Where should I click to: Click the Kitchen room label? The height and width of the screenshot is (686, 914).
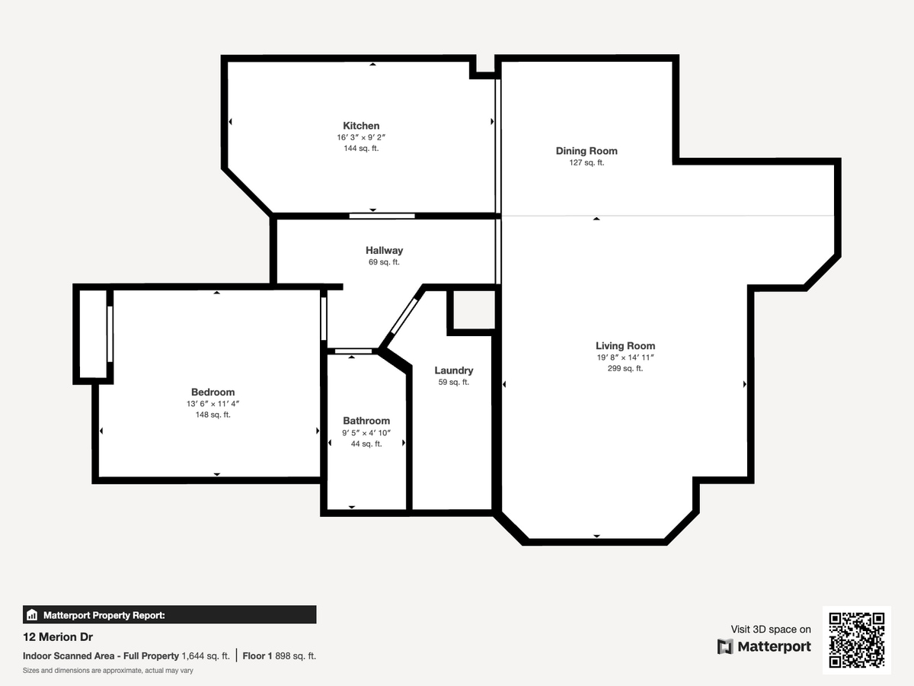(361, 126)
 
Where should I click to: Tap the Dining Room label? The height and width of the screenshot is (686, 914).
(586, 151)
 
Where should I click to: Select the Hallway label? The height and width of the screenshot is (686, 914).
(384, 250)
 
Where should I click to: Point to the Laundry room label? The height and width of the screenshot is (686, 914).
(453, 370)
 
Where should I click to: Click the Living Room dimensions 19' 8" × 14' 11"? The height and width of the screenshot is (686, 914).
(625, 357)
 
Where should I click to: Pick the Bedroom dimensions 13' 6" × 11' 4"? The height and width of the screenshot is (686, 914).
(213, 404)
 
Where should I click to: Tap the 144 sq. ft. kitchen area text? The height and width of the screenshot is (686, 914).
(361, 149)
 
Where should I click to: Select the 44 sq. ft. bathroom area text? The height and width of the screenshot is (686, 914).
(366, 444)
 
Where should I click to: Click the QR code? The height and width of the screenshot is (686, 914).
(857, 640)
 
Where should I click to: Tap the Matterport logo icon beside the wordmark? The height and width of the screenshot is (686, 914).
(725, 646)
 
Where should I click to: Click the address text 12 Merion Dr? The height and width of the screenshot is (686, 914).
(58, 637)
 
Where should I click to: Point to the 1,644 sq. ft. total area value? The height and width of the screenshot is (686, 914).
(206, 656)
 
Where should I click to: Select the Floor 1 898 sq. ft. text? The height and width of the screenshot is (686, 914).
(279, 656)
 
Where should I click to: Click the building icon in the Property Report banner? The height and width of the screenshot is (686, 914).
(32, 615)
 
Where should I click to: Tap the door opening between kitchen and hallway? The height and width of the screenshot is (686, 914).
(382, 216)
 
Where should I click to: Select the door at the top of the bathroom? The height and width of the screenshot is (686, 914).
(353, 351)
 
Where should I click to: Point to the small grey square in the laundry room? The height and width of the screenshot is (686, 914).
(474, 310)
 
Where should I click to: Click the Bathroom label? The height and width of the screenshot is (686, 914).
(366, 421)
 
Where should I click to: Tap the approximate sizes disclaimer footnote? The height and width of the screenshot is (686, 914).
(108, 671)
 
